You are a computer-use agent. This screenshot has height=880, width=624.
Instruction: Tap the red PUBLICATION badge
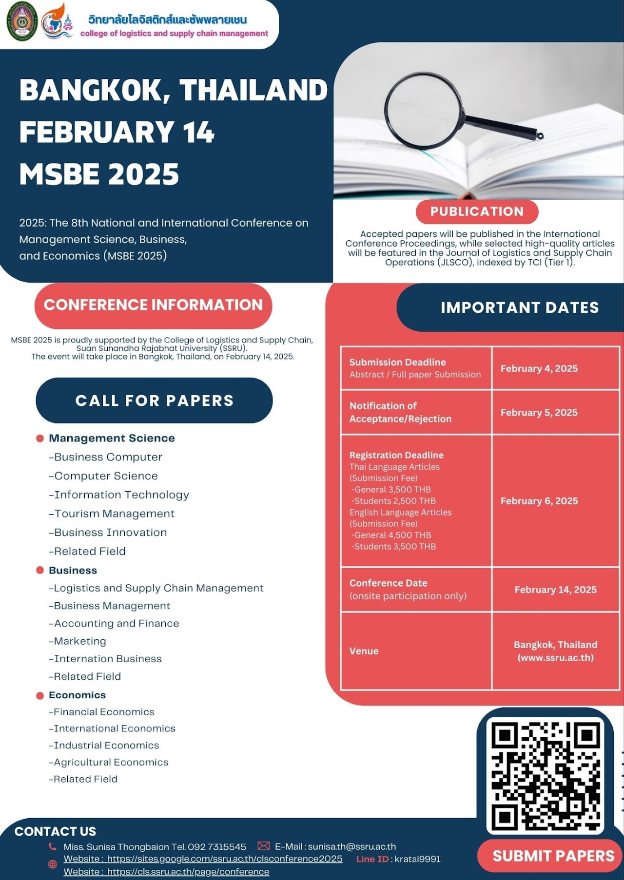[477, 211]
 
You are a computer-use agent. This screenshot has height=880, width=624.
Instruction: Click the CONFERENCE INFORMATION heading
[153, 305]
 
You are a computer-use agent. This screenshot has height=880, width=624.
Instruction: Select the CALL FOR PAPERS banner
[154, 401]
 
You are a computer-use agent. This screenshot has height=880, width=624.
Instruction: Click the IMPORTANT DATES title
[520, 307]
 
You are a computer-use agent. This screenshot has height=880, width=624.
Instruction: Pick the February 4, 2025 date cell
[539, 368]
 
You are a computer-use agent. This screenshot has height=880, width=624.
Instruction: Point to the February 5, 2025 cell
[539, 412]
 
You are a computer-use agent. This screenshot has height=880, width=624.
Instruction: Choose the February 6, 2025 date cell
[539, 501]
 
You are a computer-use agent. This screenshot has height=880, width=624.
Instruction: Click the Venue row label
[364, 651]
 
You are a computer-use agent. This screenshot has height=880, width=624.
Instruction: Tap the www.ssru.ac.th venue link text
[555, 658]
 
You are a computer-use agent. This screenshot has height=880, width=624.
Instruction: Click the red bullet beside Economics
[40, 695]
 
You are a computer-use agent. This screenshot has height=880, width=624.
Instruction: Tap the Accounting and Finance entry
[117, 623]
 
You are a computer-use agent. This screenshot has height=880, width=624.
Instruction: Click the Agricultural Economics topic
[111, 762]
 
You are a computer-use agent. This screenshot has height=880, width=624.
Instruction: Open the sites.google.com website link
[224, 859]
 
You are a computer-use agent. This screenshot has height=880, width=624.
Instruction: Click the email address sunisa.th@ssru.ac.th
[351, 846]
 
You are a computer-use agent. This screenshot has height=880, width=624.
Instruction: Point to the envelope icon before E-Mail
[263, 846]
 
